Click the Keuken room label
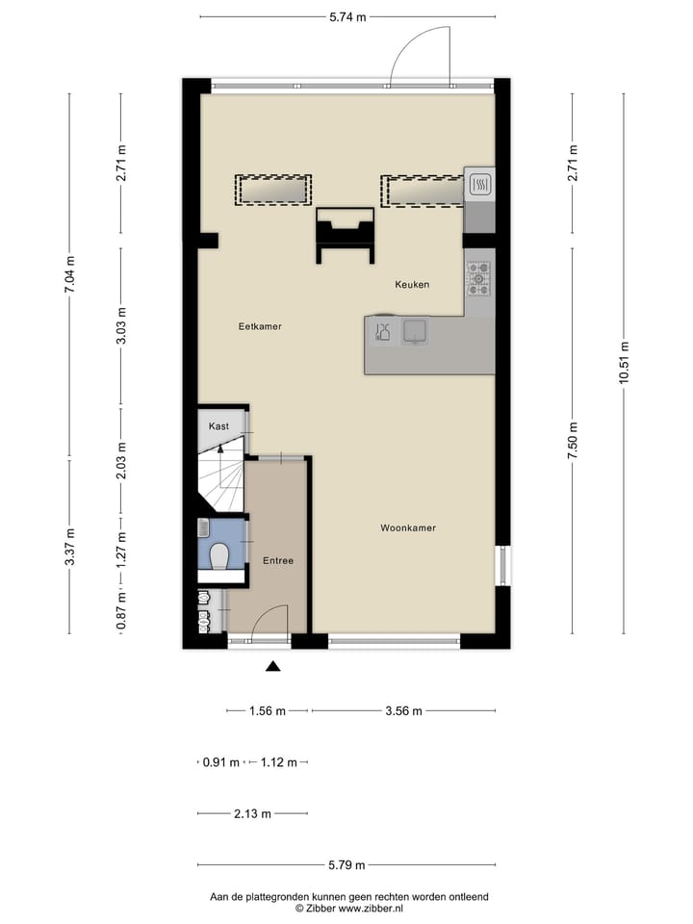[411, 285]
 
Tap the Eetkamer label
[260, 327]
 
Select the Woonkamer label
[408, 528]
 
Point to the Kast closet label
[218, 425]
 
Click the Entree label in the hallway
[278, 560]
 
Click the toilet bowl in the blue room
[219, 555]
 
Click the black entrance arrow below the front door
[273, 665]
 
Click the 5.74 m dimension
[347, 16]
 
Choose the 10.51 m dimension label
[624, 364]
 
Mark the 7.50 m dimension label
[573, 441]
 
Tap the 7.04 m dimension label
[70, 272]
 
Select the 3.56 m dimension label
[402, 711]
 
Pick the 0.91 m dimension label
[219, 762]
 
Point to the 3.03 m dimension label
[121, 324]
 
